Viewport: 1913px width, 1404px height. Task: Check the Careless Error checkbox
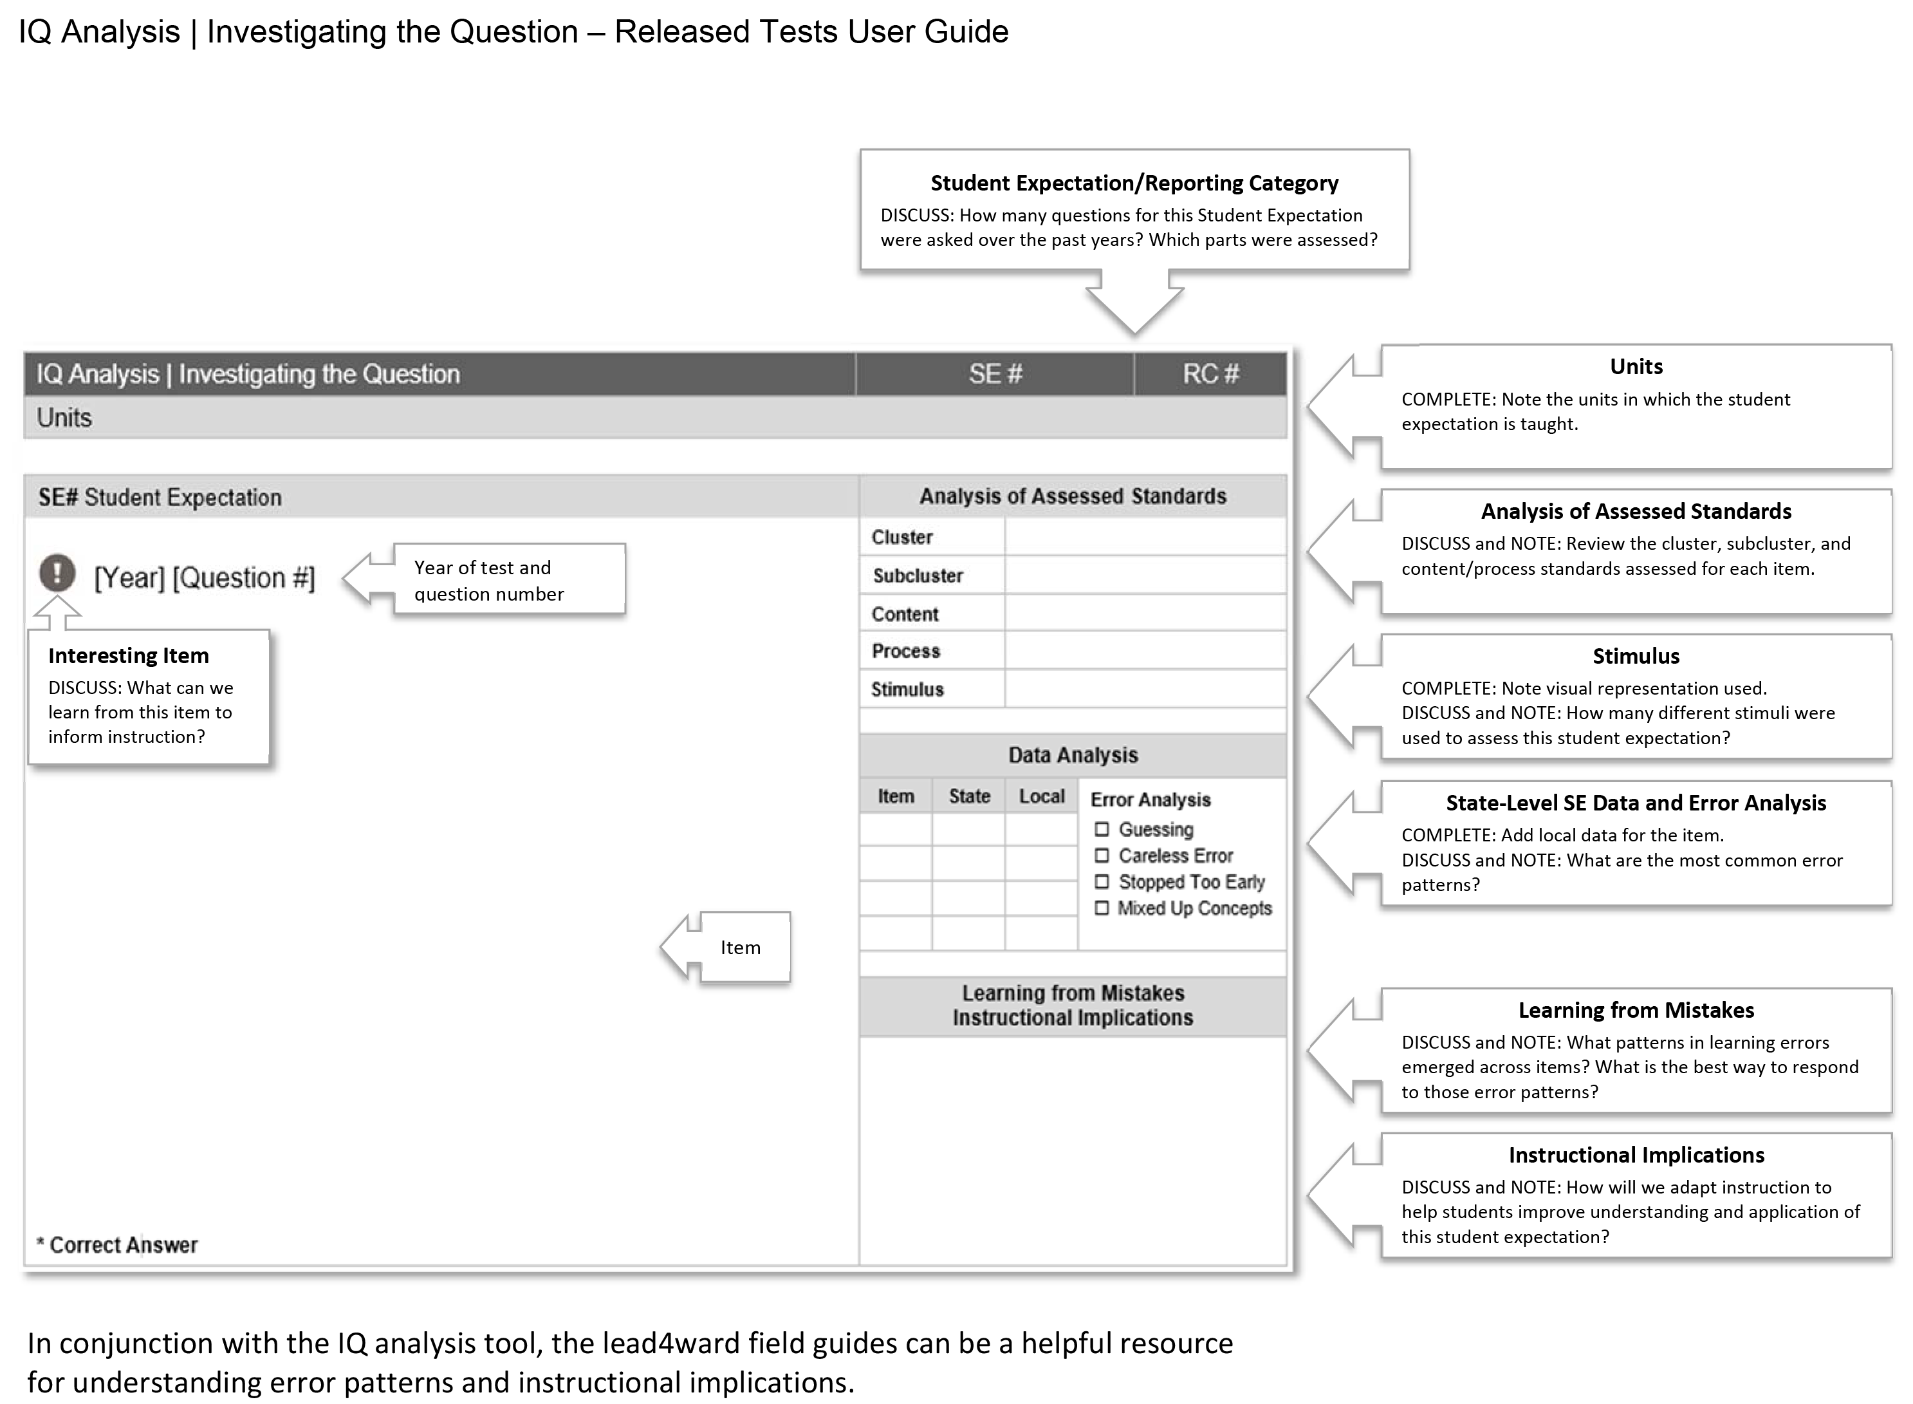[1102, 855]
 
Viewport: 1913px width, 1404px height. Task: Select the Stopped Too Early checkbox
[1102, 881]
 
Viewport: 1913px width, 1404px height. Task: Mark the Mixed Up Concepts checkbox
[1102, 908]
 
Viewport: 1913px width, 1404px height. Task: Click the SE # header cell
[995, 374]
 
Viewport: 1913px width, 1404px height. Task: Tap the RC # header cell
[1210, 374]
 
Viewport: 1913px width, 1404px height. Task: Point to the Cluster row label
[901, 537]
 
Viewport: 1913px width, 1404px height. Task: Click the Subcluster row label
[918, 576]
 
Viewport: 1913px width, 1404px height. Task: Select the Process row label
[905, 651]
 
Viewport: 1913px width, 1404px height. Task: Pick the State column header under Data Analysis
[969, 796]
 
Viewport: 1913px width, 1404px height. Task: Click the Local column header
[1042, 796]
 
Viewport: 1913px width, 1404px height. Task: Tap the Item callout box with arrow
[739, 948]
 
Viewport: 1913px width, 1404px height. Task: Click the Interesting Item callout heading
[128, 655]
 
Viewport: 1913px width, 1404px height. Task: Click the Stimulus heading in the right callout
[1635, 656]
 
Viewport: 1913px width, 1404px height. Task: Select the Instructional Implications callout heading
[1635, 1155]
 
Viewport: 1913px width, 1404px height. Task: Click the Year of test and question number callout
[508, 579]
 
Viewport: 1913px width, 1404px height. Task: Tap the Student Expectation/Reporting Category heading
[1133, 183]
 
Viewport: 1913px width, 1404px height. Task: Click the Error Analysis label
[1150, 800]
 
